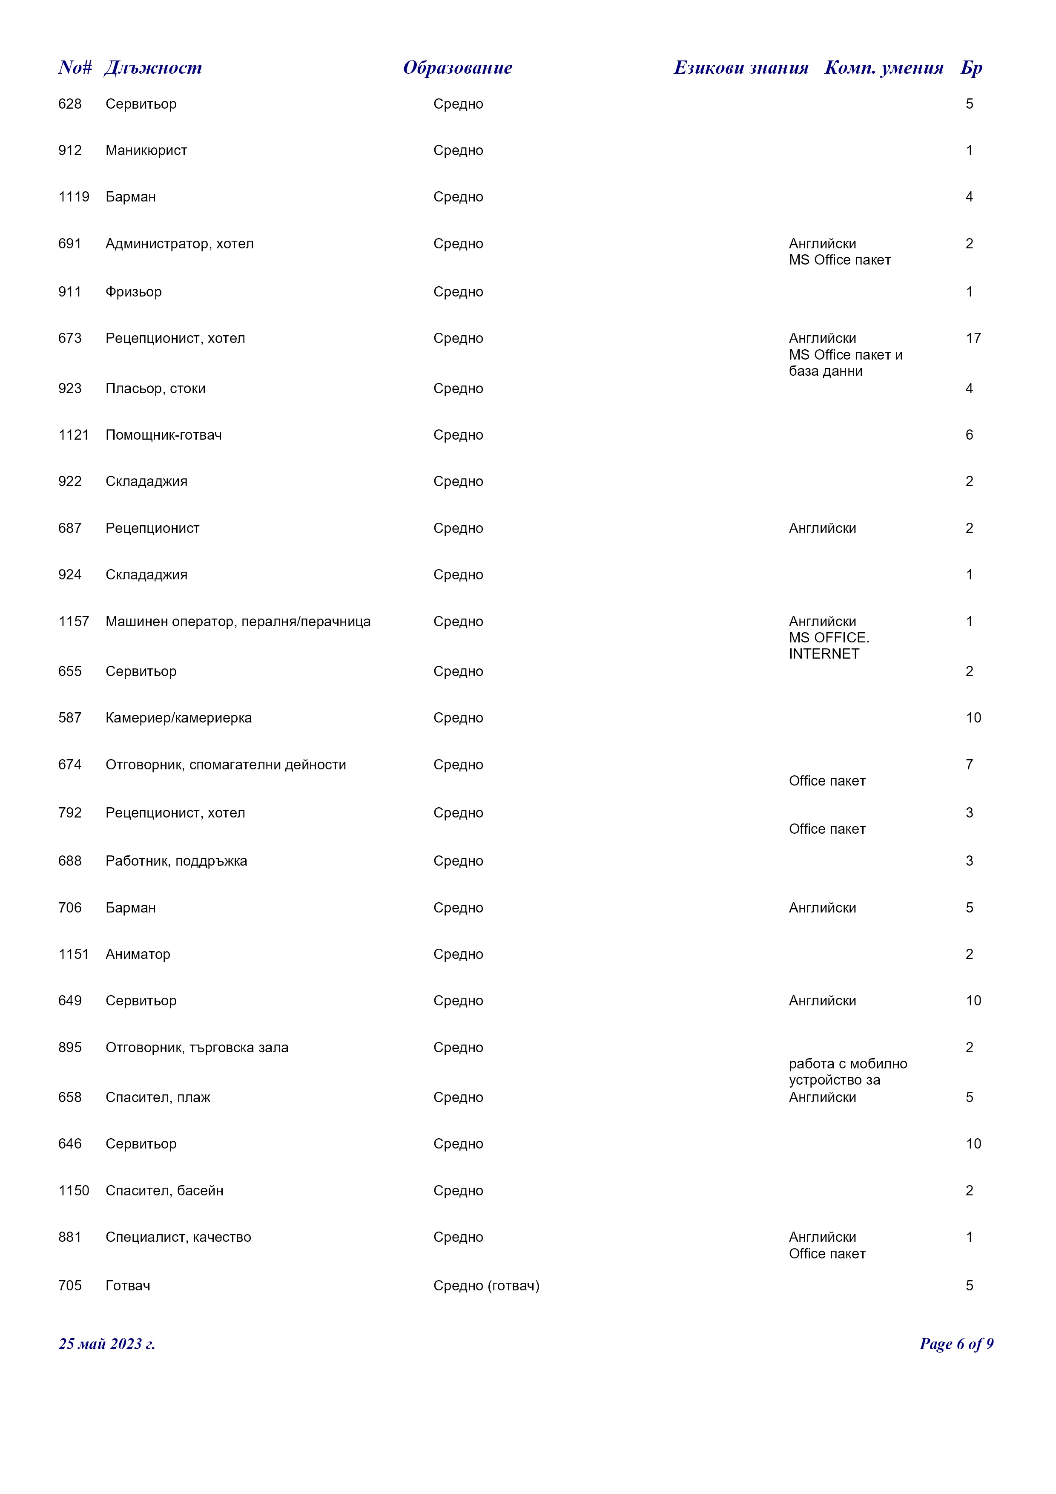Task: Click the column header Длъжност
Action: [x=153, y=68]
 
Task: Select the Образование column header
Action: [x=457, y=68]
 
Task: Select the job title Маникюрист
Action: [x=146, y=150]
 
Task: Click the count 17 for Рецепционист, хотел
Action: [x=973, y=338]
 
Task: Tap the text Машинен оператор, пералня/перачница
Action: [x=238, y=622]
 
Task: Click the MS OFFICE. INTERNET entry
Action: [x=829, y=645]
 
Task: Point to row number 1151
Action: [x=74, y=954]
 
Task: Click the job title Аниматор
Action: [x=138, y=954]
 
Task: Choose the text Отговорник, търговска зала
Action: [x=197, y=1048]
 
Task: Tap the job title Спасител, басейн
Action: [x=164, y=1190]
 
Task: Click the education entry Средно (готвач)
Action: [x=486, y=1285]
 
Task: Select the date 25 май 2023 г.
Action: [x=106, y=1344]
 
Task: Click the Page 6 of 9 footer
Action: [x=956, y=1344]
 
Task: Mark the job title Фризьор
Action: [x=133, y=291]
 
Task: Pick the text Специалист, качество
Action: [x=178, y=1237]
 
